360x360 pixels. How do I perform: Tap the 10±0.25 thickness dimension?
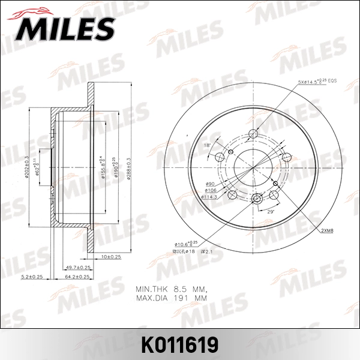(x=111, y=256)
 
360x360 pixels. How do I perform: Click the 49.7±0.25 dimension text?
(x=78, y=267)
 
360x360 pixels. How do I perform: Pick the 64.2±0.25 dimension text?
(x=76, y=277)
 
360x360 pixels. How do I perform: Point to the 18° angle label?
(x=206, y=145)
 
